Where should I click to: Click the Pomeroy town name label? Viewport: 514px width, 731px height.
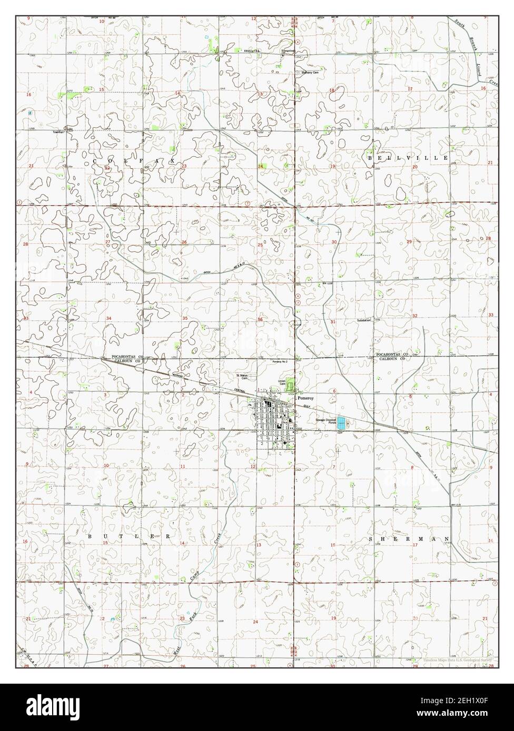(305, 399)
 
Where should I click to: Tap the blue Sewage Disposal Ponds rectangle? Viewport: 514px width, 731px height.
(342, 422)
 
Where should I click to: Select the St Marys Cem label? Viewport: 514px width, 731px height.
(241, 377)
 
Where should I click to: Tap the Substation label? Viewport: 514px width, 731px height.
(364, 320)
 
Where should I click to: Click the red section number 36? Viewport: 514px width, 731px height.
(260, 319)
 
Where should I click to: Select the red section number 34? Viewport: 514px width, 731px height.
(109, 319)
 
